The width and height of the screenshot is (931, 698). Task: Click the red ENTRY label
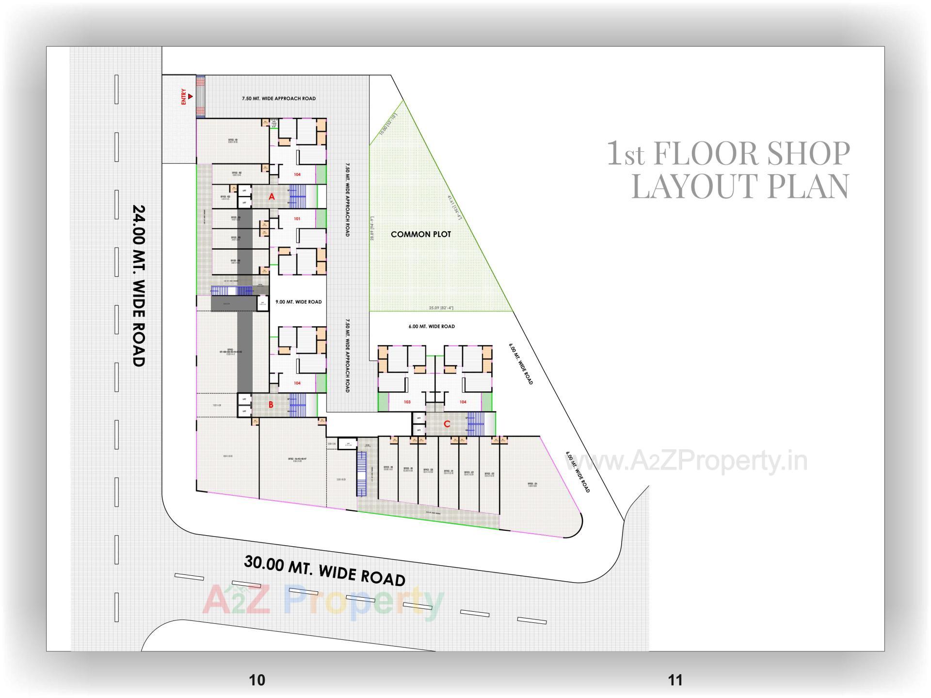point(184,96)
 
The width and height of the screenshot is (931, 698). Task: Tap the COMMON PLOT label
point(421,234)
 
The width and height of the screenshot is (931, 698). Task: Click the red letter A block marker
point(272,196)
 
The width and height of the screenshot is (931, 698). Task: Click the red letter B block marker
point(271,405)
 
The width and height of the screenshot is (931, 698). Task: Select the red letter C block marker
point(447,424)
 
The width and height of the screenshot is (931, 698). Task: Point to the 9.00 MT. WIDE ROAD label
point(298,301)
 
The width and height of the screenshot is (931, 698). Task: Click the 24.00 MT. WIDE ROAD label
point(139,286)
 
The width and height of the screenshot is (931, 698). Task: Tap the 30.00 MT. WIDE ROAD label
point(324,571)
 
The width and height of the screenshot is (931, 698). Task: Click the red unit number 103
point(407,402)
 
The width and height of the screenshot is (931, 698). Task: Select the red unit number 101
point(297,219)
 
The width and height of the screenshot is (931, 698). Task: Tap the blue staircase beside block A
point(298,196)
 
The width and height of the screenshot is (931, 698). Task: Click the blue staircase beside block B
point(298,405)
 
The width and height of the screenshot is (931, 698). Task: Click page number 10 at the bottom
point(257,680)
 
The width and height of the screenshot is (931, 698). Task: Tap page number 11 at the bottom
point(675,680)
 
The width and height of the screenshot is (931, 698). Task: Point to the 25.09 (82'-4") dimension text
point(441,308)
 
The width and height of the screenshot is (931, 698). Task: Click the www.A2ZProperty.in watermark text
point(686,461)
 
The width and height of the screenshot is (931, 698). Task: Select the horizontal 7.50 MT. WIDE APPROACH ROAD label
point(279,98)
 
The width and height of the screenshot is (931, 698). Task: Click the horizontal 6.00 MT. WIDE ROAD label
point(432,326)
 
